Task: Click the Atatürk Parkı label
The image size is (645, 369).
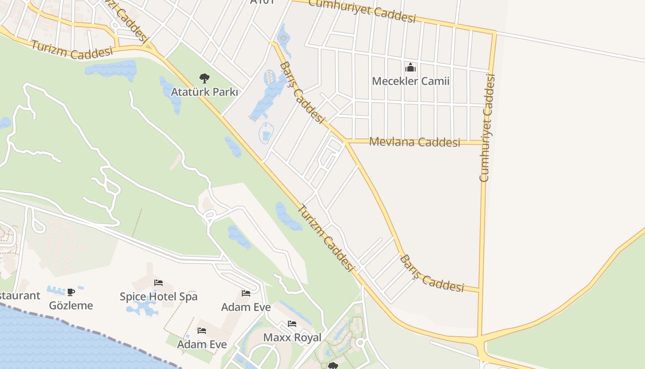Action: [x=205, y=92]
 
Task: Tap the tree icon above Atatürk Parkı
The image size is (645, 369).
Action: [x=205, y=78]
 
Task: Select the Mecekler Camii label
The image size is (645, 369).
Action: [x=410, y=81]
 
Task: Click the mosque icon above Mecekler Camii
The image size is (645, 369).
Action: [x=410, y=68]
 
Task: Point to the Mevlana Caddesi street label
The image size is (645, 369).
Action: [x=415, y=142]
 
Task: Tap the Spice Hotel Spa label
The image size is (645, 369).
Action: [x=158, y=296]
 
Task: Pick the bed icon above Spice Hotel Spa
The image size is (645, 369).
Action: [x=158, y=282]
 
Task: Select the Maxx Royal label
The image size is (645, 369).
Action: [x=292, y=337]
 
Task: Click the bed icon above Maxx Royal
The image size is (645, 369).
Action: [x=292, y=324]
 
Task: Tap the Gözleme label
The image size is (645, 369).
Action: [x=71, y=305]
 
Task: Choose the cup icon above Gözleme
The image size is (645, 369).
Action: [x=71, y=292]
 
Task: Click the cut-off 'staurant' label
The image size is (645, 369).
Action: [x=19, y=295]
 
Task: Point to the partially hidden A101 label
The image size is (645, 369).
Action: [x=262, y=2]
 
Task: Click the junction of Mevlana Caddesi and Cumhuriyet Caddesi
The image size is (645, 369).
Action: [x=483, y=143]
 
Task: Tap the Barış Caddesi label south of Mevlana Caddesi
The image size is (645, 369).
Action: [x=431, y=274]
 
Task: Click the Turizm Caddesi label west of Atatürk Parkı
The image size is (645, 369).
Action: [x=72, y=50]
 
